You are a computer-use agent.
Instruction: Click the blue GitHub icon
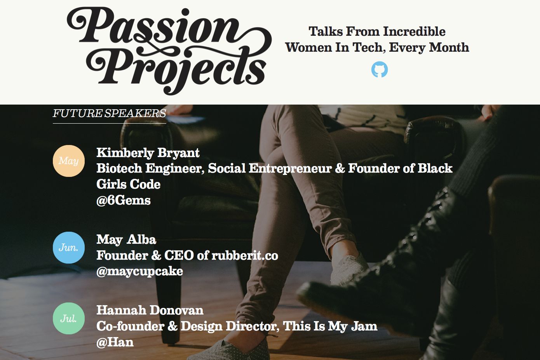pos(380,70)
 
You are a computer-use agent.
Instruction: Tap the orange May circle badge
pos(69,161)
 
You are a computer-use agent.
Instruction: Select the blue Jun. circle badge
pos(69,248)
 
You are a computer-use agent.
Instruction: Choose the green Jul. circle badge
pos(69,318)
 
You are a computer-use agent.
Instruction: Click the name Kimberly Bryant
pos(148,153)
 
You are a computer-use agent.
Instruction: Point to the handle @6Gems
pos(124,200)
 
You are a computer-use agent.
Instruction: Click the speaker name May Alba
pos(126,239)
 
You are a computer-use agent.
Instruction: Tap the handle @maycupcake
pos(139,271)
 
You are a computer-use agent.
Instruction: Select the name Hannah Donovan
pos(150,310)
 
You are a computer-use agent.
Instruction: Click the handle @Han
pos(115,342)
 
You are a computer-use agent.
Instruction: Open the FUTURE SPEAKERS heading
pos(110,114)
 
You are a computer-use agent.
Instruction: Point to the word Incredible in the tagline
pos(414,31)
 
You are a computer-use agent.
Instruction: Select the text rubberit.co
pos(245,255)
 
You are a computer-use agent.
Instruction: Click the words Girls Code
pos(129,184)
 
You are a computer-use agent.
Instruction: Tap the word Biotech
pos(119,168)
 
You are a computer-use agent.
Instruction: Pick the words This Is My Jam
pos(330,326)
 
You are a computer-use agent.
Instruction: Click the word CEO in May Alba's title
pos(179,255)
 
